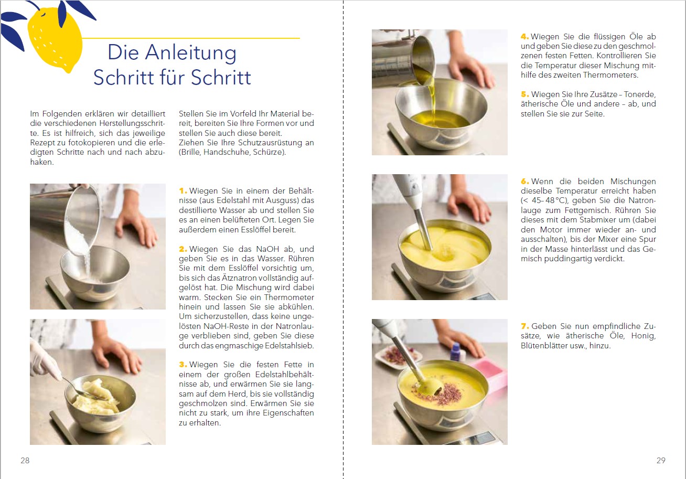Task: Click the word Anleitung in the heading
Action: (x=190, y=52)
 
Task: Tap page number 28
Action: (x=25, y=460)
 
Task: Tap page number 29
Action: (x=661, y=460)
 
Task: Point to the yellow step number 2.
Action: (x=183, y=249)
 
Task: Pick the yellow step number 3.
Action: (x=183, y=365)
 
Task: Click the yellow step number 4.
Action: (x=524, y=36)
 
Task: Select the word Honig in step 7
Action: (x=644, y=336)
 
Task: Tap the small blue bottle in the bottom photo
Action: (x=455, y=352)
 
